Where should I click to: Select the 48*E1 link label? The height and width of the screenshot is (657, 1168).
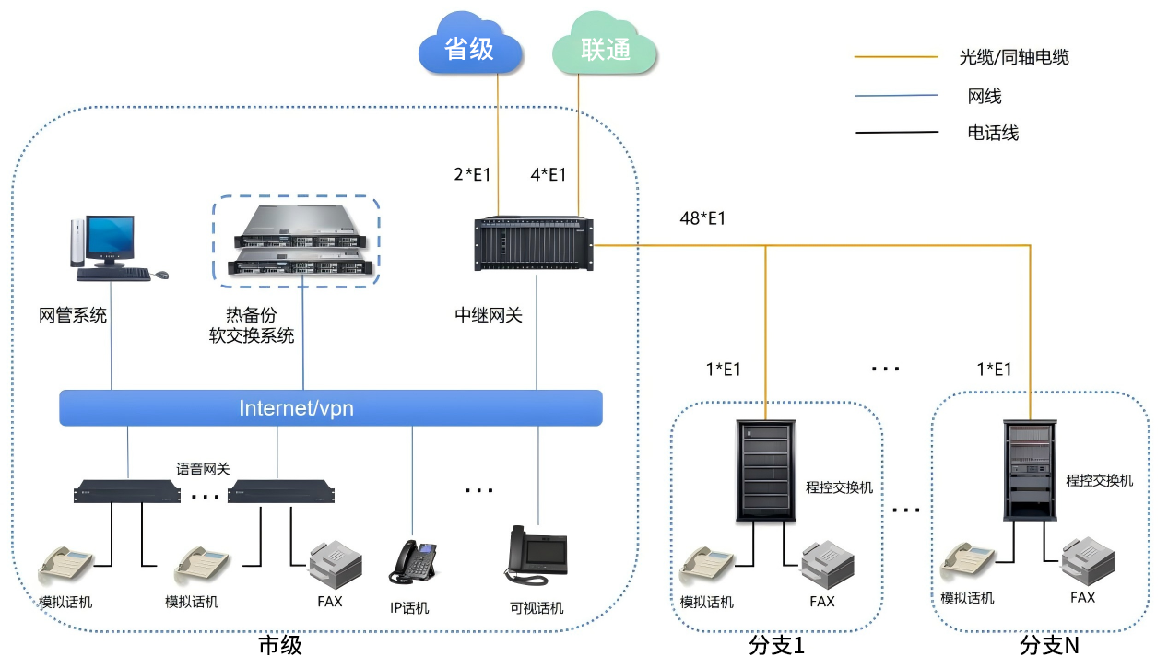click(702, 218)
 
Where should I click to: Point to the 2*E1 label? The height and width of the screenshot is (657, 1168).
click(471, 174)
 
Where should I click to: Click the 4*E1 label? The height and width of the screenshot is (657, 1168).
click(549, 174)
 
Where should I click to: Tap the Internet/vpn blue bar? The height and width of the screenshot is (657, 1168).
click(330, 408)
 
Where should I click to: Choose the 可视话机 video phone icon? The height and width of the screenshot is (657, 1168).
click(536, 555)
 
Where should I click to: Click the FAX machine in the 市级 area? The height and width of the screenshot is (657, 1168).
click(335, 562)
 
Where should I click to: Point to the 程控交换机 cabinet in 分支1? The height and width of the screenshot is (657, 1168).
click(765, 470)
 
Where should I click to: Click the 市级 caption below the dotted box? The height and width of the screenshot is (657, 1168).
click(280, 644)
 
